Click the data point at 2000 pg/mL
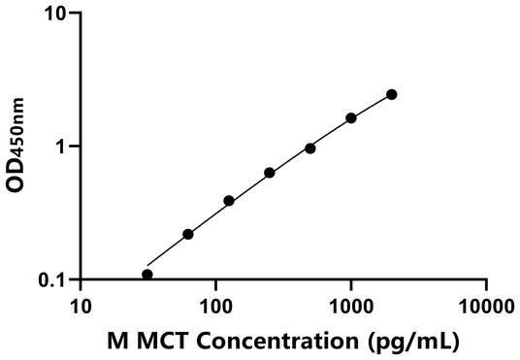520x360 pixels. pyautogui.click(x=392, y=94)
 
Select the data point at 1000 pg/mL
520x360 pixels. pyautogui.click(x=351, y=118)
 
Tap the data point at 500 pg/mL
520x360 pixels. pyautogui.click(x=310, y=148)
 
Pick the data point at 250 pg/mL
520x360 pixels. pyautogui.click(x=270, y=173)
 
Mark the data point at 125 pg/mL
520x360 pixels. pyautogui.click(x=229, y=201)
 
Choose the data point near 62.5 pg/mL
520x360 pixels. pyautogui.click(x=188, y=234)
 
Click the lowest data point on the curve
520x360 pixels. pyautogui.click(x=147, y=275)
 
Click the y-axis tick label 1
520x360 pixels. pyautogui.click(x=62, y=147)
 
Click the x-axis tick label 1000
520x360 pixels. pyautogui.click(x=350, y=306)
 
